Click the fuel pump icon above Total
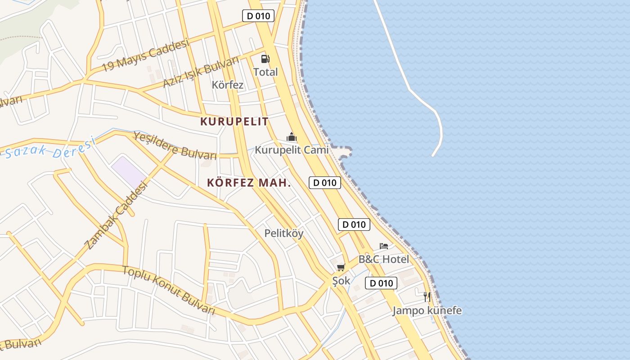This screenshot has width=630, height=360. pyautogui.click(x=265, y=58)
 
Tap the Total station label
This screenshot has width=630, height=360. pyautogui.click(x=265, y=72)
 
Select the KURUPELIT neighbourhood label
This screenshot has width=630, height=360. pyautogui.click(x=234, y=121)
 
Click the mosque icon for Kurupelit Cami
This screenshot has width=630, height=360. pyautogui.click(x=292, y=137)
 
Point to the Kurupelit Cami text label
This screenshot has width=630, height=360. pyautogui.click(x=292, y=150)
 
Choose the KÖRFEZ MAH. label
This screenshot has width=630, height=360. pyautogui.click(x=249, y=183)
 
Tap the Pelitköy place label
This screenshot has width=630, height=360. pyautogui.click(x=284, y=234)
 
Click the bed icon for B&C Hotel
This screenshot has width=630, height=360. pyautogui.click(x=384, y=246)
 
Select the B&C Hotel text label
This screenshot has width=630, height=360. pyautogui.click(x=384, y=259)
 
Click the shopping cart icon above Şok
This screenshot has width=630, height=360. pyautogui.click(x=341, y=268)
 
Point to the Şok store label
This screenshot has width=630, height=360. pyautogui.click(x=341, y=281)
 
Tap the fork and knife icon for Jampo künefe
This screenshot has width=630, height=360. pyautogui.click(x=427, y=297)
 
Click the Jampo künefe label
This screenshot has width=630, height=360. pyautogui.click(x=427, y=310)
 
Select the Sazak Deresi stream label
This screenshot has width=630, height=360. pyautogui.click(x=49, y=149)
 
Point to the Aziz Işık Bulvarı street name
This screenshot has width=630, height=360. pyautogui.click(x=201, y=73)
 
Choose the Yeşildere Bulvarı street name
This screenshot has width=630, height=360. pyautogui.click(x=175, y=145)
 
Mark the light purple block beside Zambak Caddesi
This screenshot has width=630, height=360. pyautogui.click(x=129, y=171)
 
